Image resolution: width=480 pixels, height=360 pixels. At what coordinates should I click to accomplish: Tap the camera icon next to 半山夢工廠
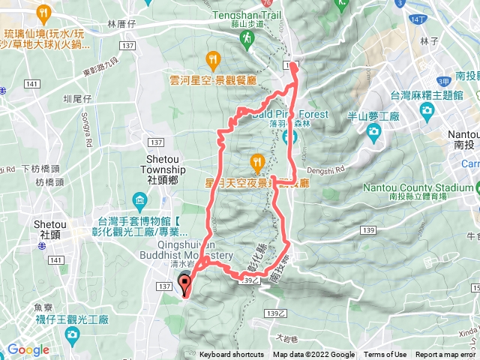pyautogui.click(x=373, y=132)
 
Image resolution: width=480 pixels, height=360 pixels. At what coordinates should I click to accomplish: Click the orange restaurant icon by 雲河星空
pyautogui.click(x=214, y=58)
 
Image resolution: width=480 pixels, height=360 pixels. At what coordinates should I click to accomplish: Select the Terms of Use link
pyautogui.click(x=385, y=355)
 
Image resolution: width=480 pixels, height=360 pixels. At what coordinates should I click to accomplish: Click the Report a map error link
pyautogui.click(x=445, y=355)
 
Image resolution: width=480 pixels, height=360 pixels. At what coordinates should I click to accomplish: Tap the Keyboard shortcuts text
pyautogui.click(x=232, y=355)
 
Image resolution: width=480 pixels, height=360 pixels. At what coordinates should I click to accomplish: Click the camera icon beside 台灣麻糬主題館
pyautogui.click(x=427, y=111)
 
